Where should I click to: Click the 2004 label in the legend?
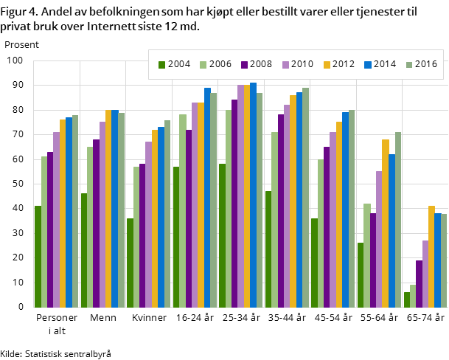179,64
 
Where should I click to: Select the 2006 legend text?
220,64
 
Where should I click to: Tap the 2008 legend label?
261,64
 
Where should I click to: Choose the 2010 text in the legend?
302,64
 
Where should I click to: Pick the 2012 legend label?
344,64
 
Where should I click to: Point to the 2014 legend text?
385,64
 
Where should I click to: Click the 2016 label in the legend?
425,64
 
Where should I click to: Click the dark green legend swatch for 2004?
161,65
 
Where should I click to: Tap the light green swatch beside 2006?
203,65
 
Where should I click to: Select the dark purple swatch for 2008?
243,65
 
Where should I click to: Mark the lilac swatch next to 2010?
285,65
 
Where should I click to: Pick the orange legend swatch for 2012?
326,65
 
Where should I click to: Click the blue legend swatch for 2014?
367,65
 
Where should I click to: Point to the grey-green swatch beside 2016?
408,65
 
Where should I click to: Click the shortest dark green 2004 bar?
407,300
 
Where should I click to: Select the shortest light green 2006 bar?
413,296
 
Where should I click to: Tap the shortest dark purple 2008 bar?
419,284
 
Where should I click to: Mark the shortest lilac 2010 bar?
425,274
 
